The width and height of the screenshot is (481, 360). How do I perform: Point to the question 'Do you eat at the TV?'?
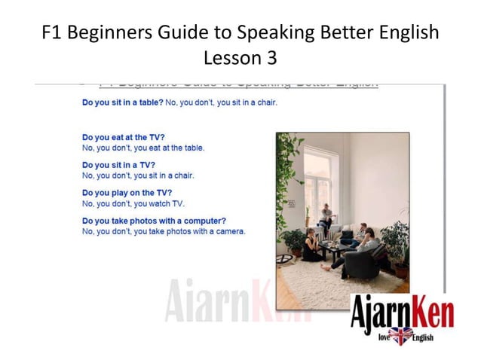[123, 138]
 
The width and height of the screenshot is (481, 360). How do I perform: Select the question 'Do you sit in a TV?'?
[118, 165]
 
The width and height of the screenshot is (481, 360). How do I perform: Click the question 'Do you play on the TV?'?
[127, 193]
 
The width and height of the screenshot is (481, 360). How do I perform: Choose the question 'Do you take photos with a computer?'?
[154, 221]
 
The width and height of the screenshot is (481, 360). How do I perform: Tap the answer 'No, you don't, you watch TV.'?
[133, 203]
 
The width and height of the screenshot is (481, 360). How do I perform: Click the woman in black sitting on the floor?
[311, 246]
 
